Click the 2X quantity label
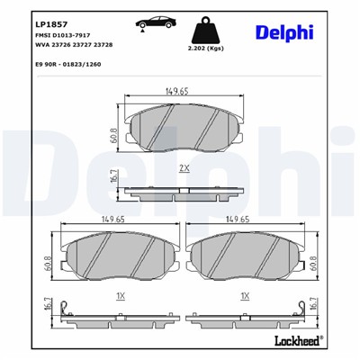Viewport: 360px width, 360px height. click(x=184, y=167)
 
